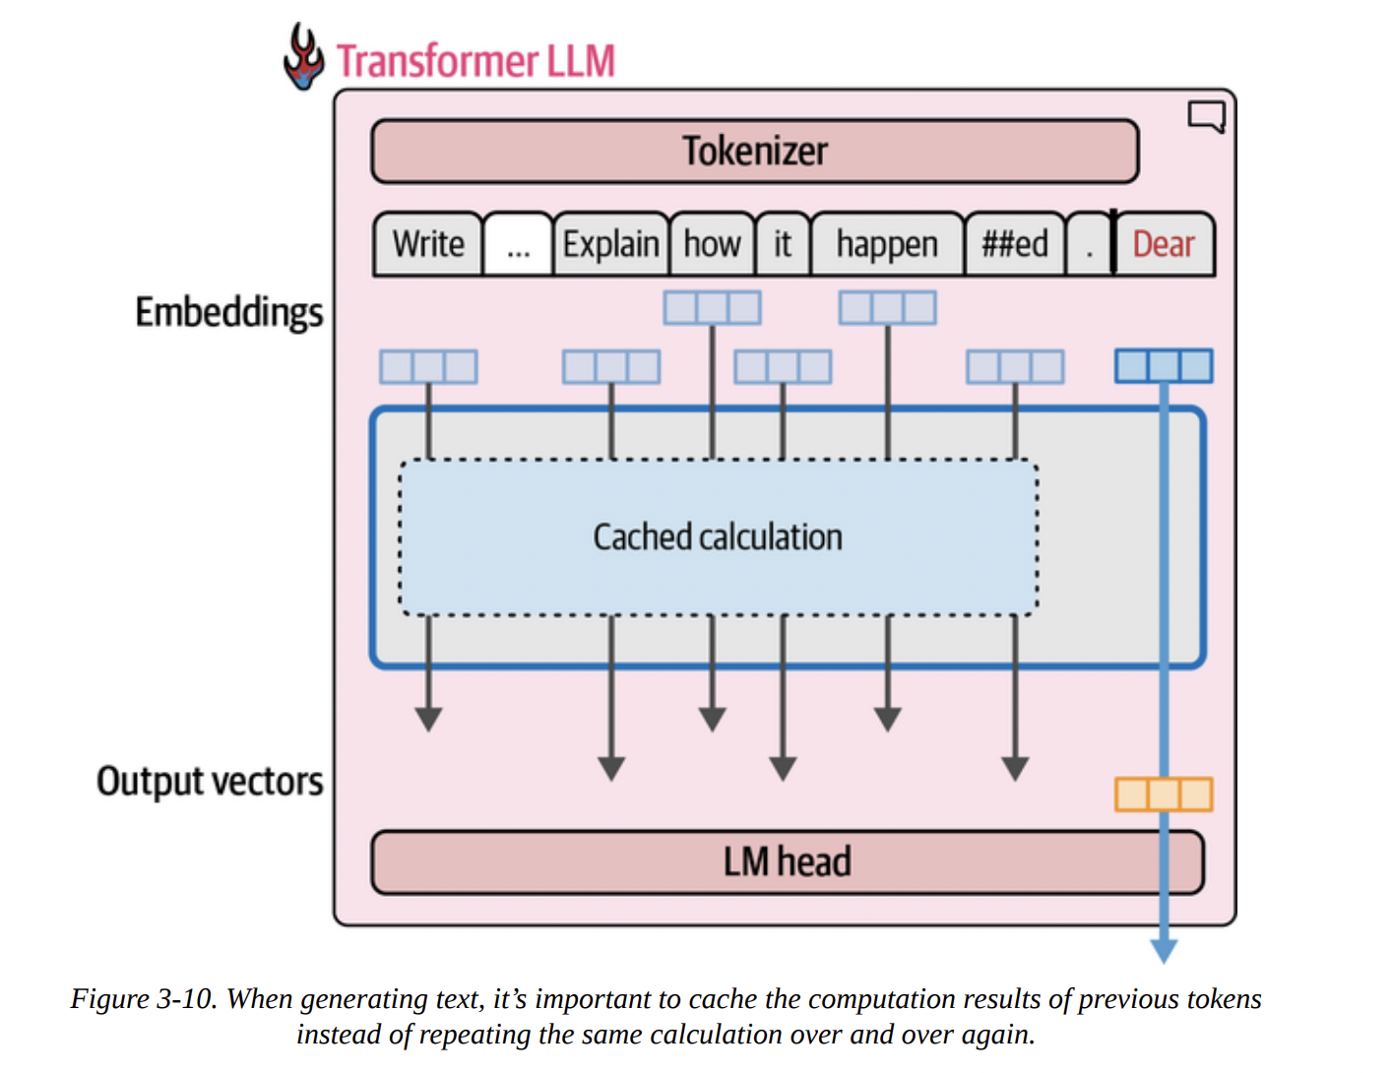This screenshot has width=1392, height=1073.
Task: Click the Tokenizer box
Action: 755,152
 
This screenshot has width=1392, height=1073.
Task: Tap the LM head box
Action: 787,862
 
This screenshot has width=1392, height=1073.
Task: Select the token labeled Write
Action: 428,244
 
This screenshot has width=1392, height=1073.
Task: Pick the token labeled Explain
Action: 610,244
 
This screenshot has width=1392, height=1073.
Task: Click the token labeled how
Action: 712,244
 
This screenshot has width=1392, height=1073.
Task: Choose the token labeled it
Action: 783,244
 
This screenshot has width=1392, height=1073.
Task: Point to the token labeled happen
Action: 887,244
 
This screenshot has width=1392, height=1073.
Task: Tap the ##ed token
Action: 1015,244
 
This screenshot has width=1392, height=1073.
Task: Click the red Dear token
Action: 1164,244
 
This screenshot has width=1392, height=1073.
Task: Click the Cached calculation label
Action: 718,537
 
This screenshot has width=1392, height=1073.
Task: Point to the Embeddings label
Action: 228,312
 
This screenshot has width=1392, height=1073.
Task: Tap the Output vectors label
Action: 210,781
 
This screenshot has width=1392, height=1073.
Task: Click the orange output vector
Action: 1164,793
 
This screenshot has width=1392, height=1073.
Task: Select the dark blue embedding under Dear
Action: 1164,366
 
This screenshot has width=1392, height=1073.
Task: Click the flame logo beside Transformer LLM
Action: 303,57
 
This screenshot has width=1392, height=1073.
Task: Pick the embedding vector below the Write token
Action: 428,367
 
